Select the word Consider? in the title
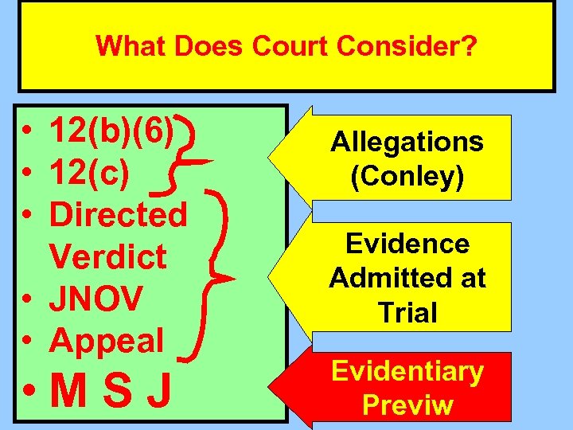408,46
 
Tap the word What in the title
130,46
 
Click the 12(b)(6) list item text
111,129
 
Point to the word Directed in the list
118,214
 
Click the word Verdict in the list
107,256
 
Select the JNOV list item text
95,299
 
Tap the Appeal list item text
106,340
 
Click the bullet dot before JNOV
28,299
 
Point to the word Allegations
407,142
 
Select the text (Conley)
407,177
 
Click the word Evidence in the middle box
407,244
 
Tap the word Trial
408,312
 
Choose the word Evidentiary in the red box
407,372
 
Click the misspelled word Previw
407,405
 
